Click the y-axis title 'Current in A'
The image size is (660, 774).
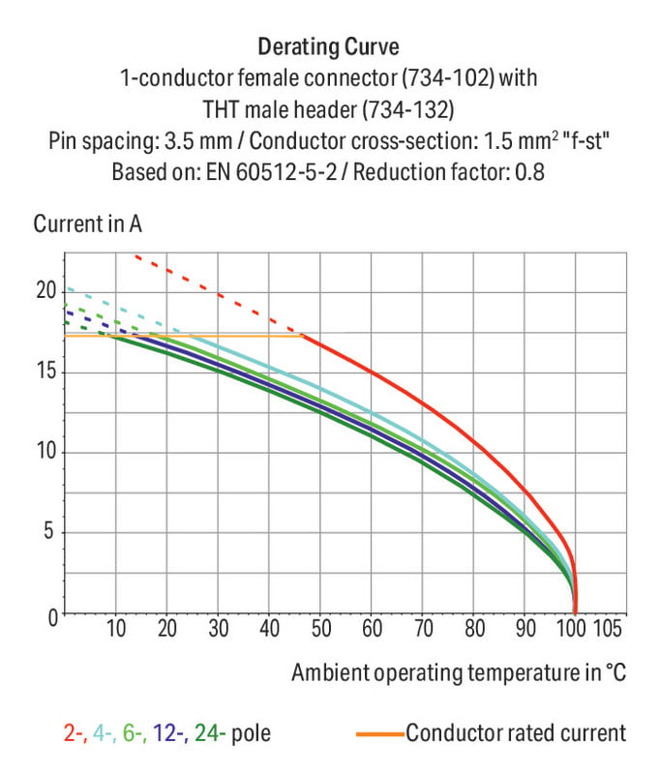[x=88, y=224]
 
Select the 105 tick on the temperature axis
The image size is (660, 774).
[x=608, y=628]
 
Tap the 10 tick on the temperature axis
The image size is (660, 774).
[x=116, y=628]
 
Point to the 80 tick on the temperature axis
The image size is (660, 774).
[x=473, y=628]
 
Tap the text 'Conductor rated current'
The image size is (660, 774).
[x=516, y=733]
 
